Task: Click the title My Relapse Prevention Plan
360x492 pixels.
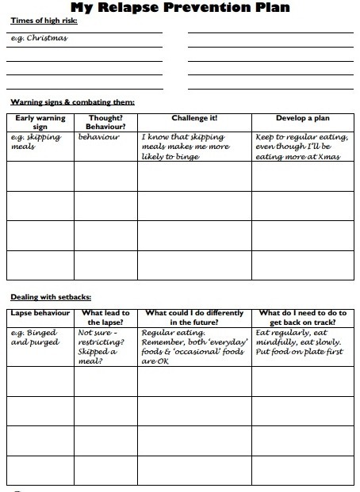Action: pos(180,9)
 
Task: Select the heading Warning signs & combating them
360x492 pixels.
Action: pos(72,102)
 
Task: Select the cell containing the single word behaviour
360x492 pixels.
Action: pos(99,136)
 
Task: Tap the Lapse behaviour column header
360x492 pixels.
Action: pos(40,313)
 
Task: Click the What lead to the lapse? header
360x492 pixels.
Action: pos(105,318)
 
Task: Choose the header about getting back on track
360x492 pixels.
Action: pos(302,318)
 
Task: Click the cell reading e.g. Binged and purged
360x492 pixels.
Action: pos(36,338)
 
